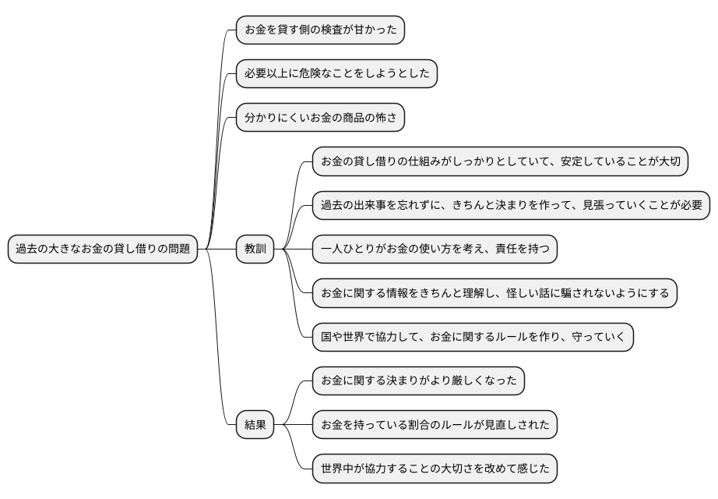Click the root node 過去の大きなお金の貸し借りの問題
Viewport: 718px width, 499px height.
(103, 249)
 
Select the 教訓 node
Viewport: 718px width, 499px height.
(255, 249)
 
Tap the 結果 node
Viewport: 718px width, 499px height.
(255, 425)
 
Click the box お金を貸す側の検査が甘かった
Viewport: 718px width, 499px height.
(321, 30)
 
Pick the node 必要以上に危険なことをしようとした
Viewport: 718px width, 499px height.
(336, 74)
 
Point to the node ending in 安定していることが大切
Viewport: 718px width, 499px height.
(501, 162)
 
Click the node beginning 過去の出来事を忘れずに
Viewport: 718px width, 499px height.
(512, 206)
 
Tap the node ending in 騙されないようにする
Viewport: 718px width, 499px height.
(495, 293)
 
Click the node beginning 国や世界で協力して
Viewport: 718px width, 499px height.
(473, 337)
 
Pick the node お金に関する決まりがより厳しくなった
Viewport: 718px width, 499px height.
(418, 381)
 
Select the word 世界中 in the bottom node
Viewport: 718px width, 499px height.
(337, 469)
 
